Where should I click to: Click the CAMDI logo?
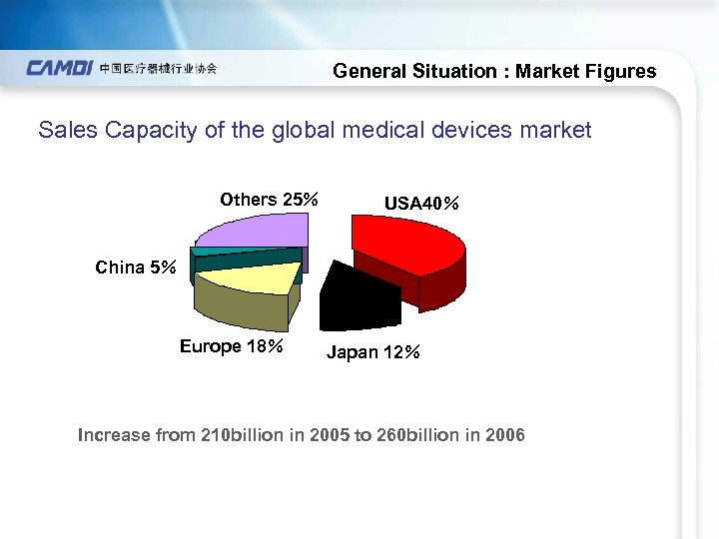(x=60, y=69)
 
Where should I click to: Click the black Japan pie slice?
(x=359, y=294)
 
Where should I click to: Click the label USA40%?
(x=421, y=204)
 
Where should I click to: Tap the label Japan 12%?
(x=373, y=353)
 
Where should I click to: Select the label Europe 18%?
(x=232, y=347)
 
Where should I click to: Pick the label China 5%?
(x=136, y=268)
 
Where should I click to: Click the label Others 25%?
(x=269, y=200)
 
